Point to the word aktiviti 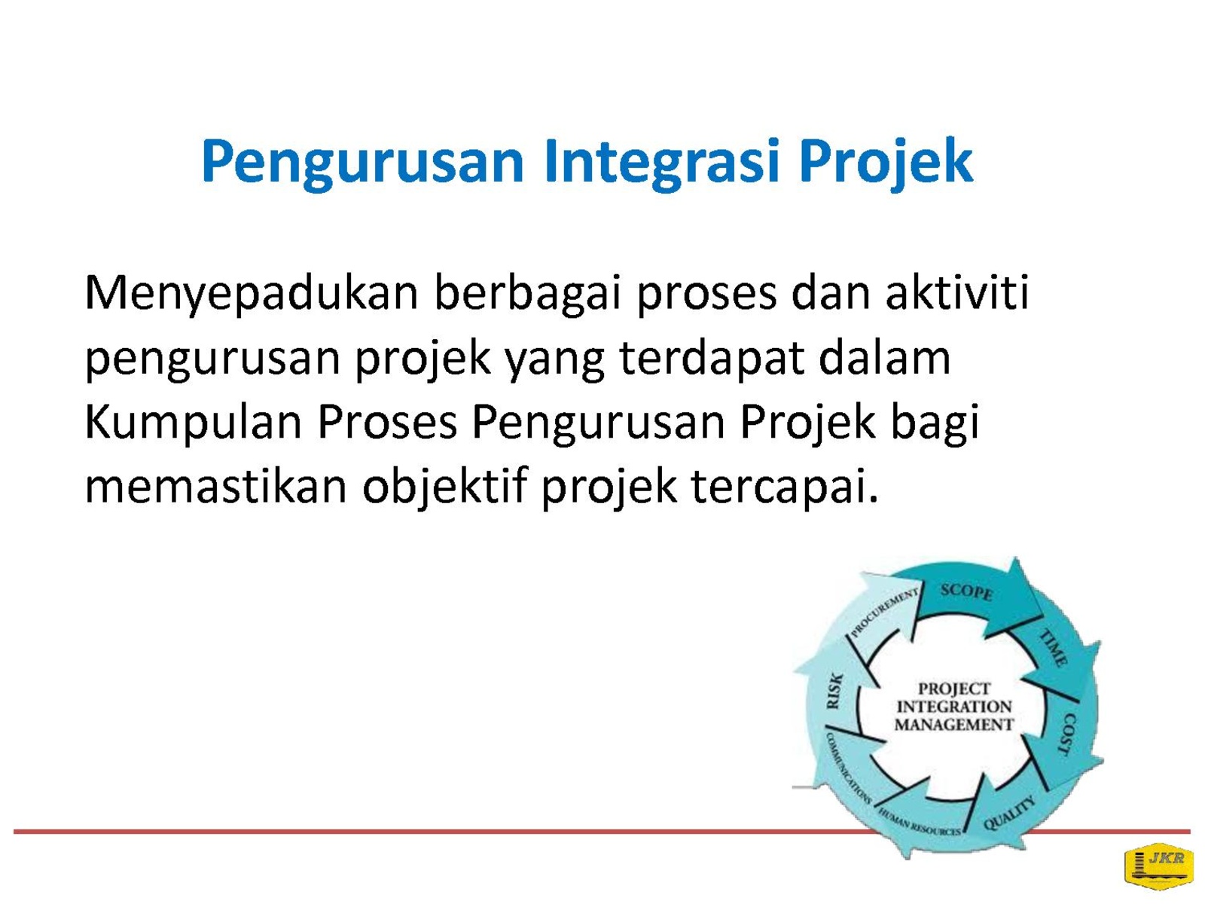(957, 292)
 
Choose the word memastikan (215, 486)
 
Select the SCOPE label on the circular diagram (966, 592)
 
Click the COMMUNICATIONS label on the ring (848, 768)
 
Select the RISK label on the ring (834, 691)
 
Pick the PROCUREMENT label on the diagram (884, 612)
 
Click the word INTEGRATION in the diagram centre (953, 707)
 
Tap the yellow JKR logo (1158, 866)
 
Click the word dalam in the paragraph (884, 358)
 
